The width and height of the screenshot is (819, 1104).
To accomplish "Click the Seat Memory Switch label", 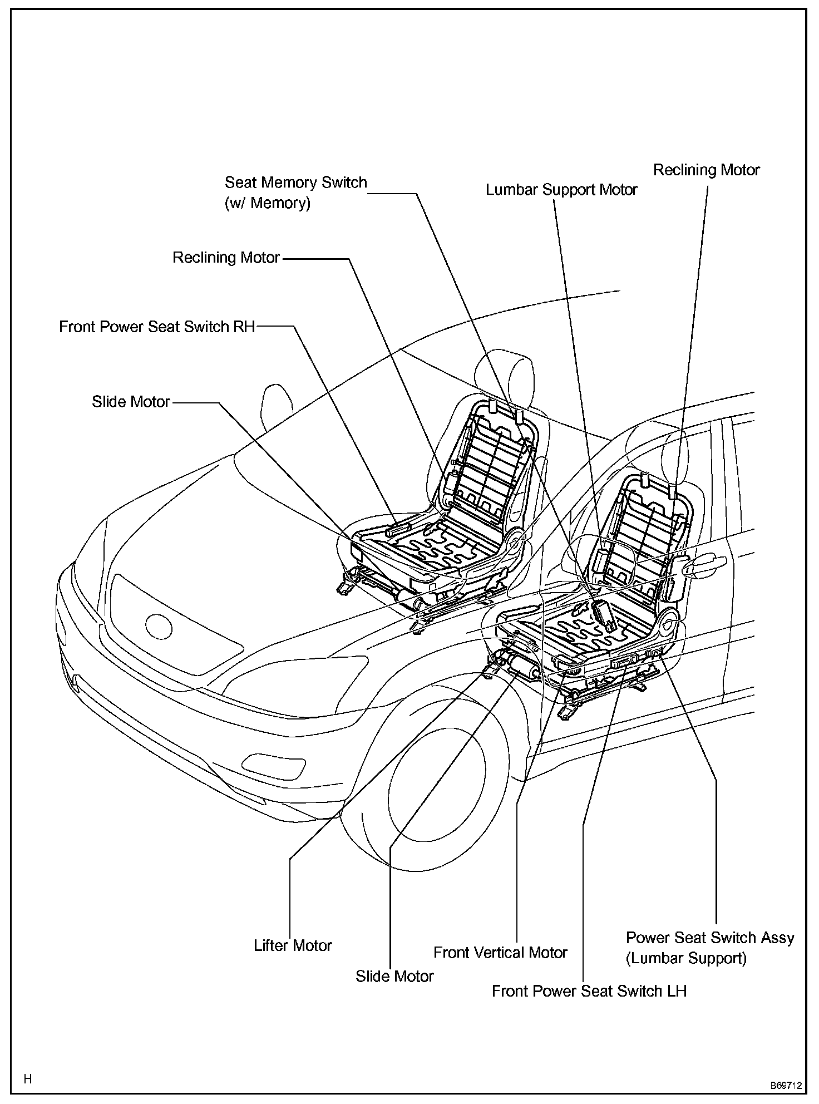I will coord(295,183).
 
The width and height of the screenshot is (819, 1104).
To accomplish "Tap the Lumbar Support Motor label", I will coord(561,190).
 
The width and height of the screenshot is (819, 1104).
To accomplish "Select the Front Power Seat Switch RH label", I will coord(157,327).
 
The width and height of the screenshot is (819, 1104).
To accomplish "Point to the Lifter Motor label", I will coord(293,945).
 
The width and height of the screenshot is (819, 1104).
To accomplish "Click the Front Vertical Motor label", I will coord(500,953).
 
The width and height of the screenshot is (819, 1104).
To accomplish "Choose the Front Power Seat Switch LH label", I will coord(589,991).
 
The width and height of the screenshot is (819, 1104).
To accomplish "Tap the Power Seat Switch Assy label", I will coord(709,938).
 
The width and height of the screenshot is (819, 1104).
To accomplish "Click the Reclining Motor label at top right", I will coord(706,170).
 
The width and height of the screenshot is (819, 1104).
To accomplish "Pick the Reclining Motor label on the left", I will coord(226,258).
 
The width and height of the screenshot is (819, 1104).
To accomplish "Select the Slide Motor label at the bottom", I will coord(394,976).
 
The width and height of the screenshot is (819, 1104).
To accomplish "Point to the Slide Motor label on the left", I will coord(131,402).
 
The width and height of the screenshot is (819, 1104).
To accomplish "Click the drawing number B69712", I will coord(786,1086).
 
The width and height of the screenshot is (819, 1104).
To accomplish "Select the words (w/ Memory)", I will coord(267,203).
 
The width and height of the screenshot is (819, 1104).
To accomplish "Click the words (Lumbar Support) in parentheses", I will coord(686,958).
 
